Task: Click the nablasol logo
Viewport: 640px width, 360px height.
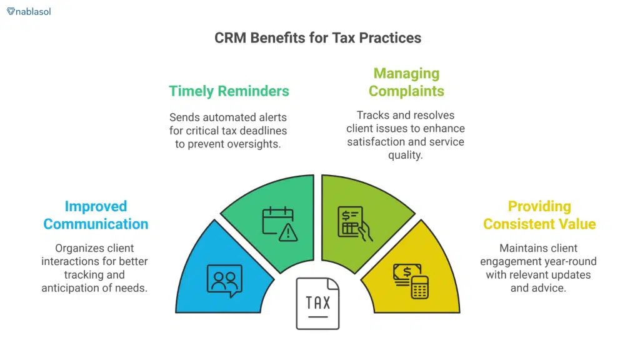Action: pos(29,11)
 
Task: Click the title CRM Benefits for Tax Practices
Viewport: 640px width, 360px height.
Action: pos(317,37)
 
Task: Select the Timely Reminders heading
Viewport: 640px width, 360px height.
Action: pos(229,91)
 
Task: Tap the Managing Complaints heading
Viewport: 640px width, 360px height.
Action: pos(406,82)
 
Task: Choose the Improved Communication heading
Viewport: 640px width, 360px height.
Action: pos(96,215)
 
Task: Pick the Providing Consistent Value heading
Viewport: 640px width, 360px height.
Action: pos(539,215)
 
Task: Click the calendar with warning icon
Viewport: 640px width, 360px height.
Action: pos(279,223)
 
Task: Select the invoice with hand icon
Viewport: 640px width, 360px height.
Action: pos(354,222)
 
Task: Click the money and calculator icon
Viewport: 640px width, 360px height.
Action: pos(410,279)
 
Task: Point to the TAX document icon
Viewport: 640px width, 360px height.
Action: pos(317,304)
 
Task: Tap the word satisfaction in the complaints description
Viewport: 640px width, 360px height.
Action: pos(375,142)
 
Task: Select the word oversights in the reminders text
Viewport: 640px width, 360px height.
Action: pos(257,143)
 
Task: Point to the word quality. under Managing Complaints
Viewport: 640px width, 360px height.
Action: pos(406,155)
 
